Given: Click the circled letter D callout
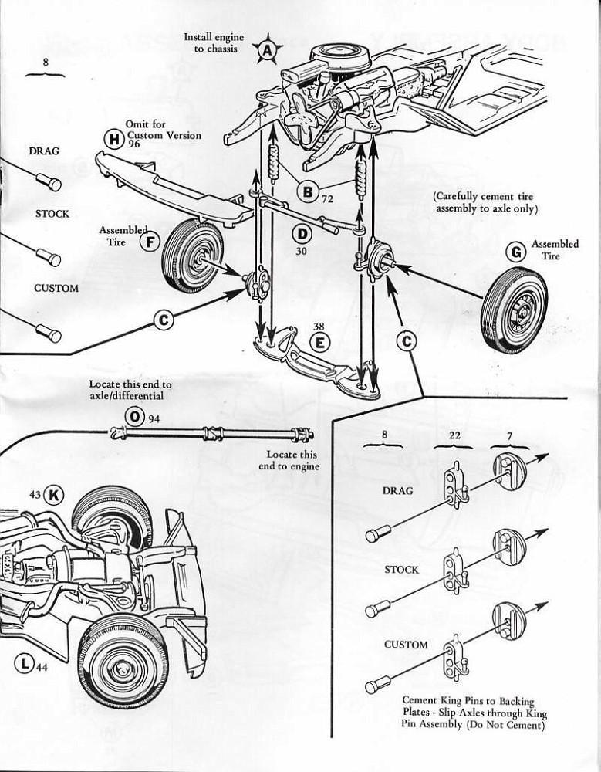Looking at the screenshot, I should (x=302, y=233).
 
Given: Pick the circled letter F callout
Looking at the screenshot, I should (x=150, y=241).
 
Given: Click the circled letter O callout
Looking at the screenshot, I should (x=136, y=418).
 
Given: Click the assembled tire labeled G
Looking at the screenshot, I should (x=514, y=310).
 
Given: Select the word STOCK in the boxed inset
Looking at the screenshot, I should (x=401, y=570).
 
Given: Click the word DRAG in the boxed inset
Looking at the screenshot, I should (x=398, y=491).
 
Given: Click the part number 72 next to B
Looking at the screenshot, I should (x=327, y=199).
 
